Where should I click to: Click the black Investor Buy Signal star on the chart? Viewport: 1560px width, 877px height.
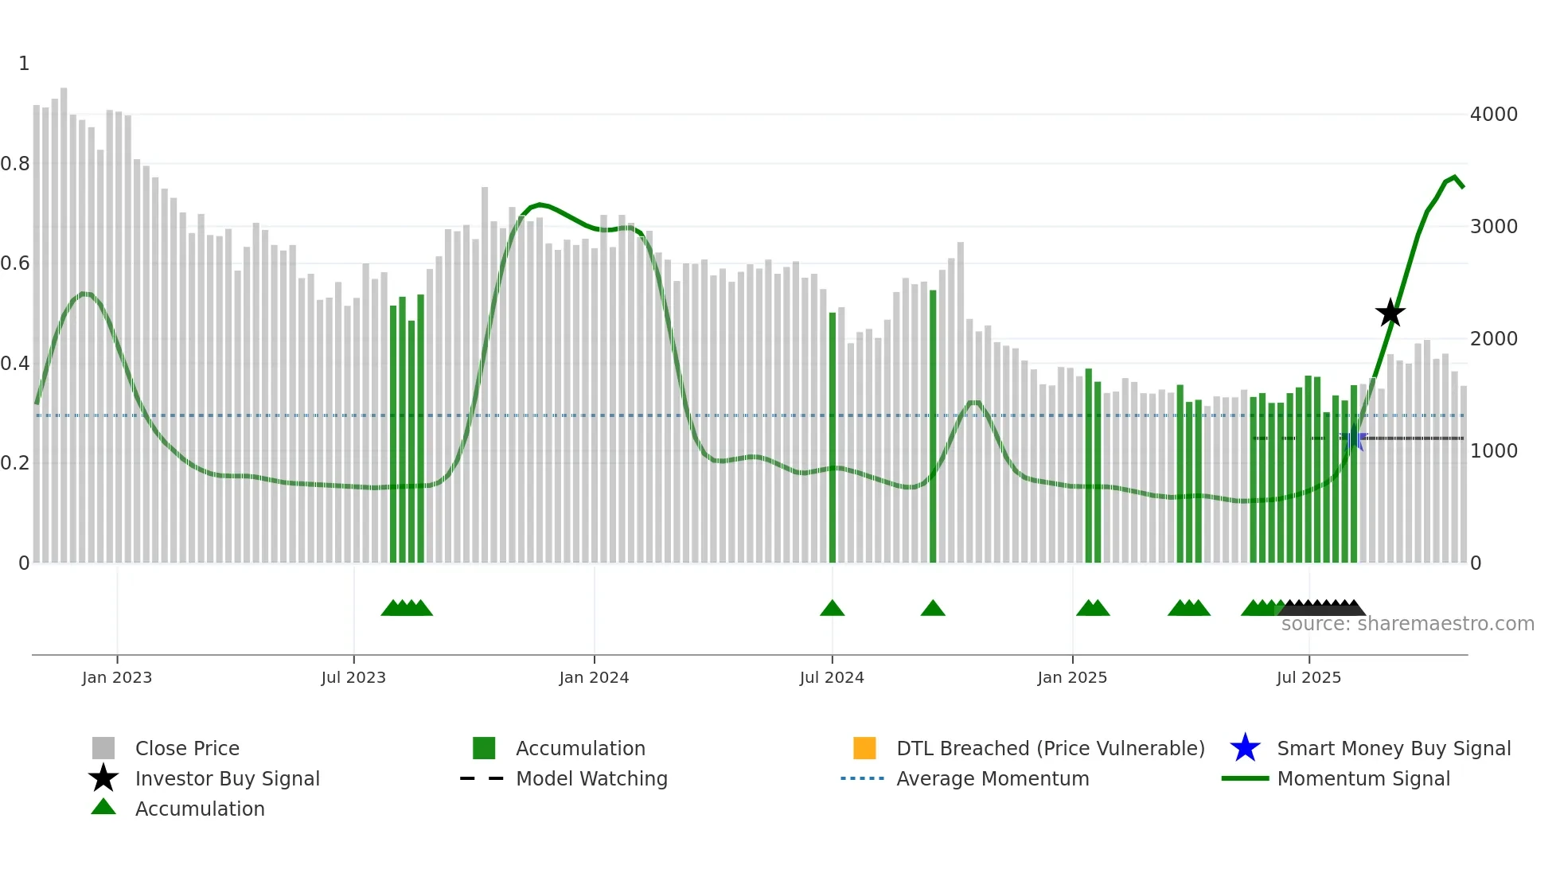pos(1390,313)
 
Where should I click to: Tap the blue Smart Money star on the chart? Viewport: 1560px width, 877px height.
pos(1352,438)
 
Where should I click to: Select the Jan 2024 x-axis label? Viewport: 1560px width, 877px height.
pos(594,677)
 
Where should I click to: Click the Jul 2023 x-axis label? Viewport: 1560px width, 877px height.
pos(353,677)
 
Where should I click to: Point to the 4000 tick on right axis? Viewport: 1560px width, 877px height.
pos(1493,115)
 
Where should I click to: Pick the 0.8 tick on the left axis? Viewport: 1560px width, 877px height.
pos(15,164)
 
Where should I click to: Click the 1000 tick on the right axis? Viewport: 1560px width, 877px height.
pos(1493,451)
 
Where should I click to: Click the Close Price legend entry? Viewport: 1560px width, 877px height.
pos(187,748)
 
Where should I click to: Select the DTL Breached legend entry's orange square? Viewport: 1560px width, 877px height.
pos(864,748)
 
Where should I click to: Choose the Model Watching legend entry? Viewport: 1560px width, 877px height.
pos(591,778)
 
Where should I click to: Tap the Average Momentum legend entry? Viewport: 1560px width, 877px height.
pos(992,778)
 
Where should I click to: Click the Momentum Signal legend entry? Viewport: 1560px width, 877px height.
pos(1363,778)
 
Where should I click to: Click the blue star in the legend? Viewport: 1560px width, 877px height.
pos(1245,748)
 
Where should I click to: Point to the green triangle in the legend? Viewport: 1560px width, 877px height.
pos(103,807)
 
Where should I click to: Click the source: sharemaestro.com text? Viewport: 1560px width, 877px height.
pos(1407,624)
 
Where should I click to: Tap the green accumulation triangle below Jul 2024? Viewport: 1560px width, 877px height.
pos(832,609)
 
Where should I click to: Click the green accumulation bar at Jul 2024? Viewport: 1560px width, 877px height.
pos(833,438)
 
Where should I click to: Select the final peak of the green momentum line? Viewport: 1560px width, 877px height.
pos(1455,177)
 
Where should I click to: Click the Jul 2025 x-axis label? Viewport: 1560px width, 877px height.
pos(1308,677)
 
